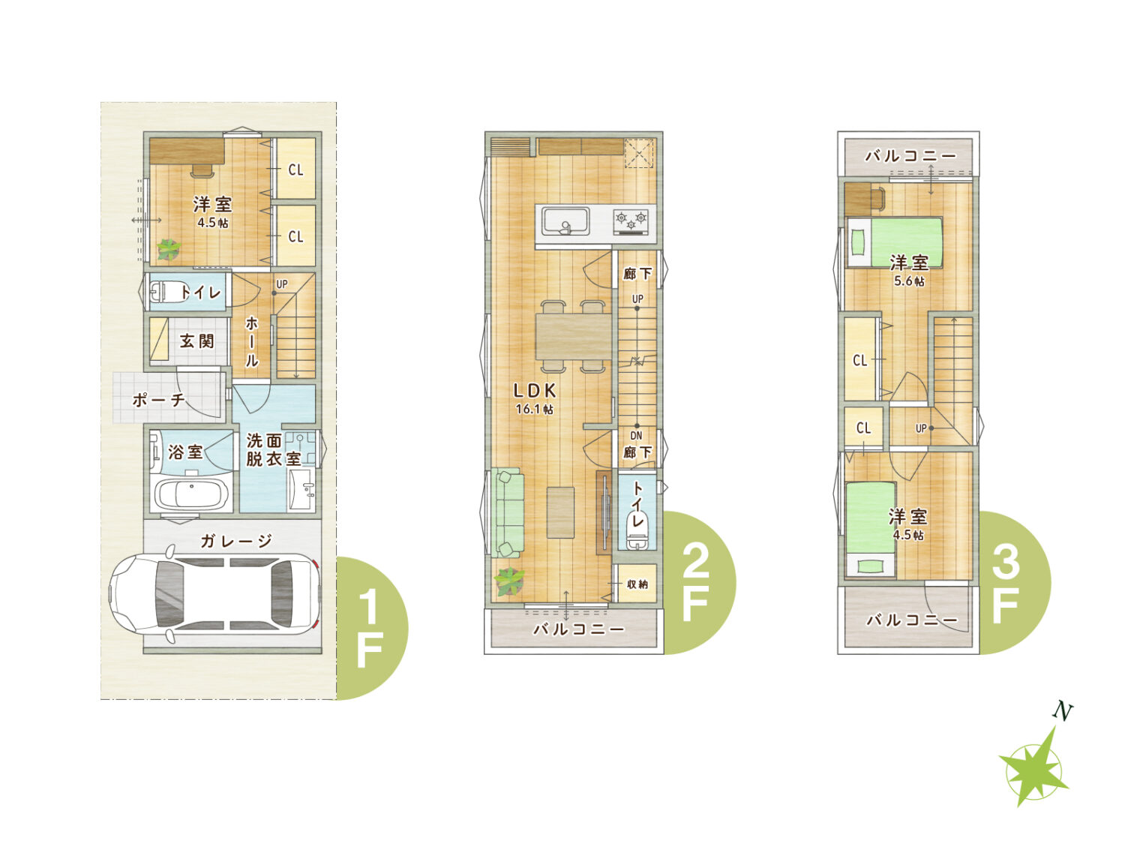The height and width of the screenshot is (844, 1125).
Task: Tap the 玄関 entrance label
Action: (196, 341)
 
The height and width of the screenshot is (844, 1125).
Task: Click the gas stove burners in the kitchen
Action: (631, 222)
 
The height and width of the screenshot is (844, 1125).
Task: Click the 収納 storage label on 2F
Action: (637, 584)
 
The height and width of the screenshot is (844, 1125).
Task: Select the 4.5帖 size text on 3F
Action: (908, 535)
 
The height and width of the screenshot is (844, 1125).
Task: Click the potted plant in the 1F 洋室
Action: (169, 249)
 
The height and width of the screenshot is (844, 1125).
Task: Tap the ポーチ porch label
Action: (159, 400)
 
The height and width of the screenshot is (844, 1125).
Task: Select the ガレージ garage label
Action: (235, 541)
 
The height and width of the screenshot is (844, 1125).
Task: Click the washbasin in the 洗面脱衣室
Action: (302, 489)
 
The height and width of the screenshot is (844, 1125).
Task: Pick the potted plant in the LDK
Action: (509, 581)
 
